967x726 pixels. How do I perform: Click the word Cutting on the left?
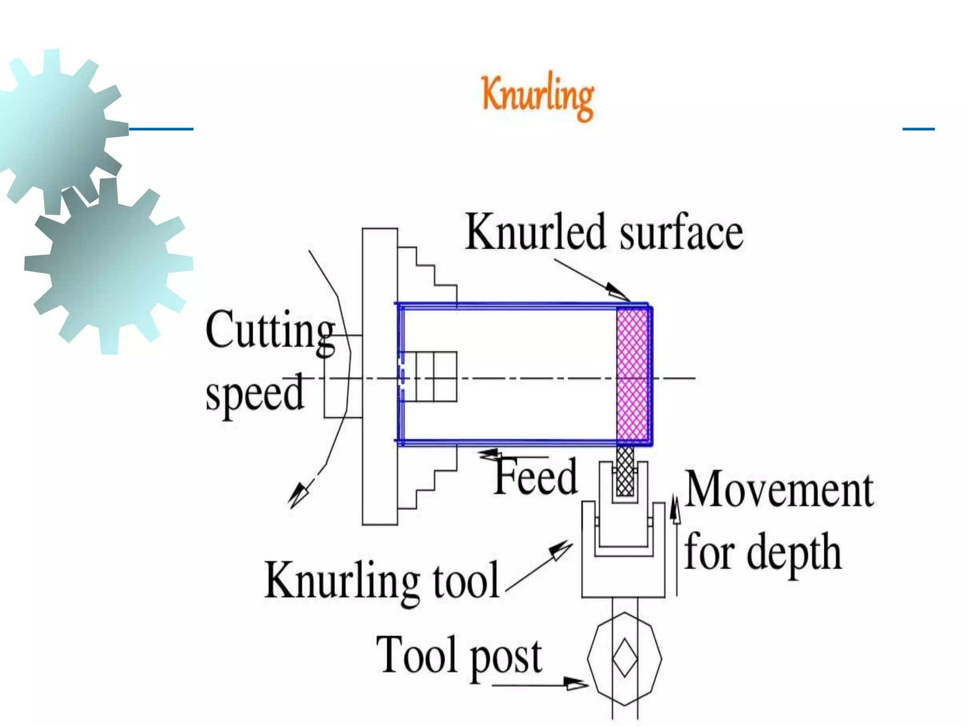coord(270,331)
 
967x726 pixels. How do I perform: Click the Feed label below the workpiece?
coord(535,476)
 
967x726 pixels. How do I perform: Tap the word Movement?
coord(779,490)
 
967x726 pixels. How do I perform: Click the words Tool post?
coord(459,656)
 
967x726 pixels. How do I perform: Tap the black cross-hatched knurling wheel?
coord(625,471)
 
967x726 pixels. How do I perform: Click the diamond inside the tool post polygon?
coord(625,658)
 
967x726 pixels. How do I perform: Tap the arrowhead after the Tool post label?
coord(576,683)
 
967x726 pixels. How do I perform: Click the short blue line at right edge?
coord(918,129)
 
